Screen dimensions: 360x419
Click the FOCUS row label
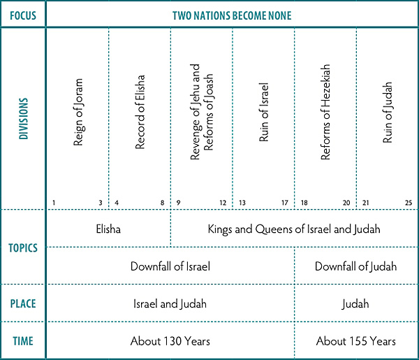(23, 14)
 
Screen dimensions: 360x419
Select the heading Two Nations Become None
(233, 14)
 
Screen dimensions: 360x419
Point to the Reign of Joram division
(78, 112)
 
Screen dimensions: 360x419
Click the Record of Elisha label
(140, 112)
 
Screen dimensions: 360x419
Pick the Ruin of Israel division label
(263, 112)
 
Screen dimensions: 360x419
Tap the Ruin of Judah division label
(388, 112)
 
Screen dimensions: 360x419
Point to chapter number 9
(177, 203)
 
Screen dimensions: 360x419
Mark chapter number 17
(285, 203)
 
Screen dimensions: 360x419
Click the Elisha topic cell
(109, 229)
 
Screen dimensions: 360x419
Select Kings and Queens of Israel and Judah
(294, 229)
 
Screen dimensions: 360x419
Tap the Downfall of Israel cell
(170, 266)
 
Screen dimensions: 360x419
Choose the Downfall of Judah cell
(355, 266)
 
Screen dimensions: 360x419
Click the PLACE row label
(23, 304)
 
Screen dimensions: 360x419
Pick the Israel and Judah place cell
(170, 304)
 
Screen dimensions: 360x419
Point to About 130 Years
(170, 341)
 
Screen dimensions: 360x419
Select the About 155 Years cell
(355, 341)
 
